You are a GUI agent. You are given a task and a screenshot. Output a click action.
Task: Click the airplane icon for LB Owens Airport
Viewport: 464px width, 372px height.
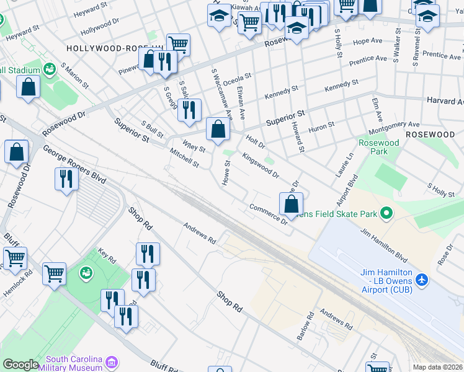point(422,280)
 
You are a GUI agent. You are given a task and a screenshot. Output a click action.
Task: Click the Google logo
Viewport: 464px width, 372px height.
point(20,365)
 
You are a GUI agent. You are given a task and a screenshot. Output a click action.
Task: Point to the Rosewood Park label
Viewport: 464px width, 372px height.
point(378,147)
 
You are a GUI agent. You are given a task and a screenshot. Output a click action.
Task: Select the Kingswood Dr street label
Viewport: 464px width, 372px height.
point(261,165)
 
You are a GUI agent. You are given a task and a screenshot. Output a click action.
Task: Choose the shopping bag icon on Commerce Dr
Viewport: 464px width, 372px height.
point(291,203)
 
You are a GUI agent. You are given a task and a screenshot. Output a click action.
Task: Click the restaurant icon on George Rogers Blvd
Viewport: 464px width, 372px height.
point(65,179)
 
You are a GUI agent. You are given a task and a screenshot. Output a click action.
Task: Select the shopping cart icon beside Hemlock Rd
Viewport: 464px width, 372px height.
point(15,257)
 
